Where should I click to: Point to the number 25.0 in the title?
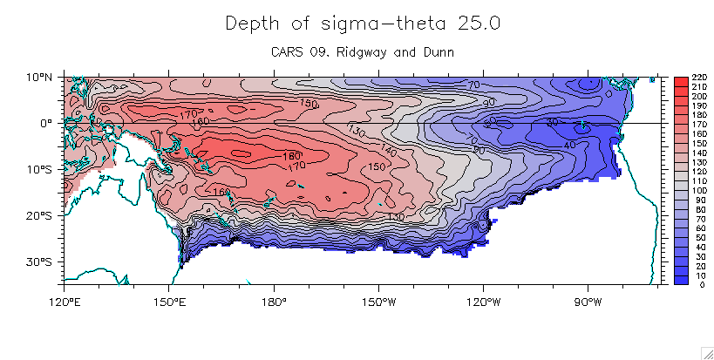point(477,24)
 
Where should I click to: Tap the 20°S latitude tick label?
point(41,215)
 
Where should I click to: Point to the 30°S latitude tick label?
point(41,262)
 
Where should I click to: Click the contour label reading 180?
point(293,157)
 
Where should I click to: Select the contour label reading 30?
point(552,123)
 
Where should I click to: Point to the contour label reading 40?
point(569,144)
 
